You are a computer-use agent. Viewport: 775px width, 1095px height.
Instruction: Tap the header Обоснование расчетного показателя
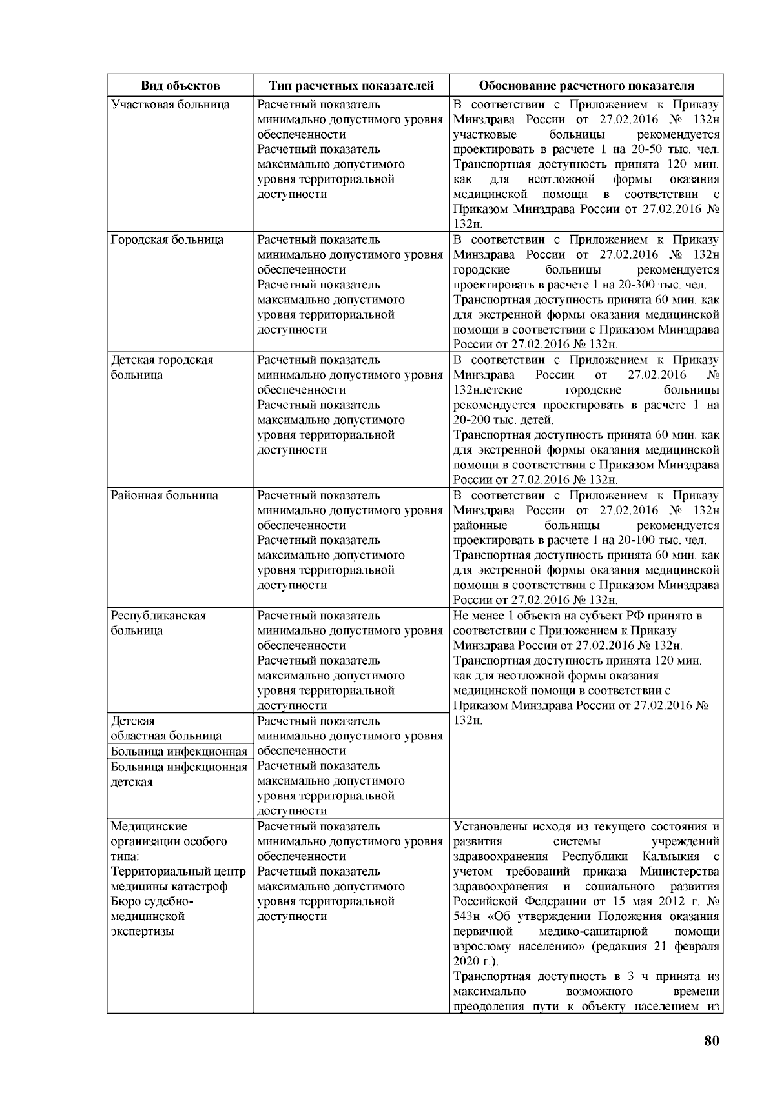point(586,86)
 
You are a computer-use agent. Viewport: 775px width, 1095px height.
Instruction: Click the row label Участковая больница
point(170,105)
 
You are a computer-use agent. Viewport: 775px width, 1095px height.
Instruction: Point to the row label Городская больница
point(167,240)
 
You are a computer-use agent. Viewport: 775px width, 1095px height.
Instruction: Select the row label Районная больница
point(165,496)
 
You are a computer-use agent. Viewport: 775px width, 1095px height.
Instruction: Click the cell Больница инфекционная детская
point(179,774)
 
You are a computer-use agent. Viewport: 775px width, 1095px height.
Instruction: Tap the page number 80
point(711,1041)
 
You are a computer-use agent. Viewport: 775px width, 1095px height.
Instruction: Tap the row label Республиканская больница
point(159,623)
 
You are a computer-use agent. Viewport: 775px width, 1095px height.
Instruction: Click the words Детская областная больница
point(166,728)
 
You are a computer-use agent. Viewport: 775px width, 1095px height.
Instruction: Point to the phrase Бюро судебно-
point(152,902)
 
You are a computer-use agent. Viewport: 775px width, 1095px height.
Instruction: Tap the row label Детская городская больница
point(162,367)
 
